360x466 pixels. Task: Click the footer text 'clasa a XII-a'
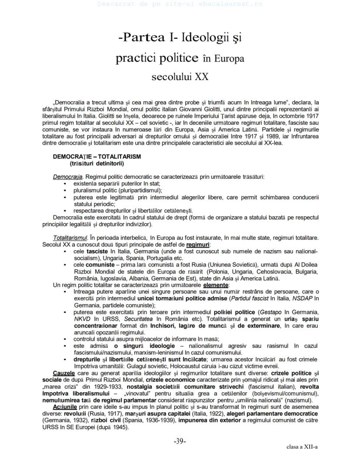click(302, 447)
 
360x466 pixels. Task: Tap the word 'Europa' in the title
click(228, 58)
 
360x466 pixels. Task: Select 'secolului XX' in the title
click(180, 77)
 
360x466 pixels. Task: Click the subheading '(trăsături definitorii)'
click(97, 164)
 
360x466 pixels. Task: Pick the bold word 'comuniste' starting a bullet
click(100, 265)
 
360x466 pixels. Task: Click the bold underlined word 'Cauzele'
click(63, 373)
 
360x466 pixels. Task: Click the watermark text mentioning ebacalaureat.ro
click(180, 4)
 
